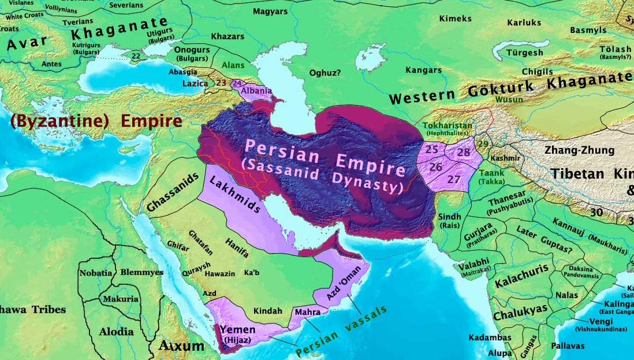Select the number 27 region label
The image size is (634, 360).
[454, 180]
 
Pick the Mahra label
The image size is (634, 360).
[307, 312]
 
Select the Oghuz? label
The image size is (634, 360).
[325, 73]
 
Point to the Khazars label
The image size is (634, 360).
[228, 36]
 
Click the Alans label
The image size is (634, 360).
[234, 65]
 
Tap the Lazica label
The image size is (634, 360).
[195, 83]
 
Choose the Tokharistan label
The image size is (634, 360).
[447, 125]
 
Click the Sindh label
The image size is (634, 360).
[450, 217]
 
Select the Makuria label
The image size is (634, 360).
[120, 299]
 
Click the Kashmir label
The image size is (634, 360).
[505, 158]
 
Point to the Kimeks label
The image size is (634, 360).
[456, 18]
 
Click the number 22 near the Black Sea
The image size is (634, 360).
[136, 56]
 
